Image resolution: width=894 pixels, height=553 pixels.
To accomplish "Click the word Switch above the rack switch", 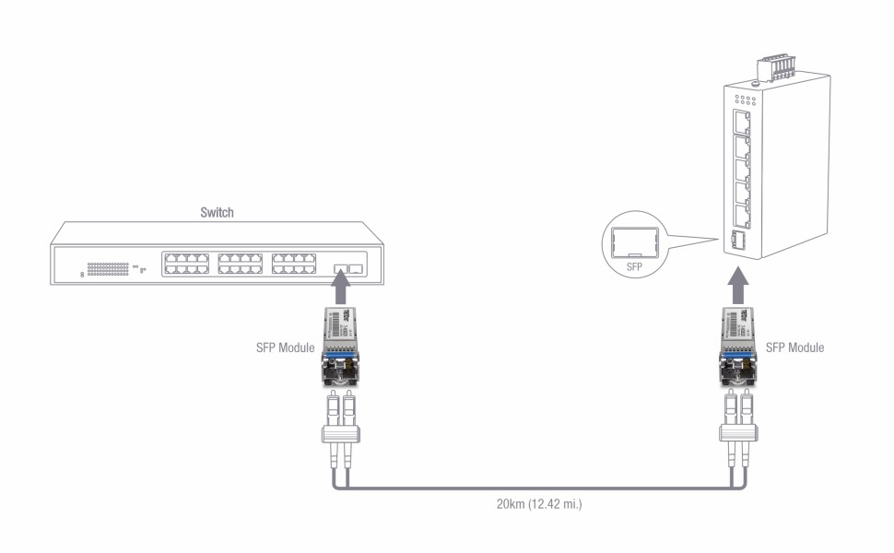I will point(218,212).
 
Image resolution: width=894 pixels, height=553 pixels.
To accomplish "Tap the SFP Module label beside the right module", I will point(794,347).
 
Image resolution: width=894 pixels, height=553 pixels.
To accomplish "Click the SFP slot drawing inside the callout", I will point(633,241).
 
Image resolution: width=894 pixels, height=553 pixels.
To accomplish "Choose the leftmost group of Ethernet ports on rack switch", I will point(186,264).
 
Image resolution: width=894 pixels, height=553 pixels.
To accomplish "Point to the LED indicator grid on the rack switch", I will point(108,269).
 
